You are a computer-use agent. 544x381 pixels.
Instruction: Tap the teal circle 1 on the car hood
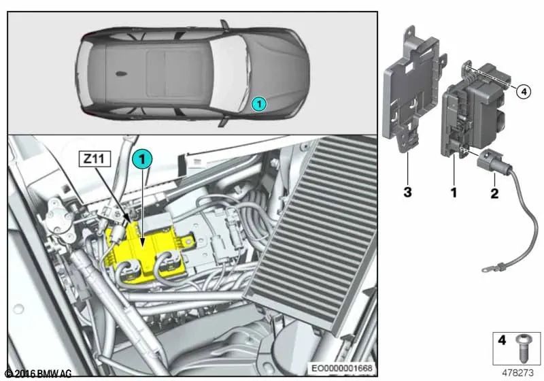258,104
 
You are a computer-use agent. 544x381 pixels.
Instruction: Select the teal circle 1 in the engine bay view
141,159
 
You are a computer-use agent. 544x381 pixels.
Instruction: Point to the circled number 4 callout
522,91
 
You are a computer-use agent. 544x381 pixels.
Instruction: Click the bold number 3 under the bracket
407,193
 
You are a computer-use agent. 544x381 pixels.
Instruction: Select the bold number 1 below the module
454,193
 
